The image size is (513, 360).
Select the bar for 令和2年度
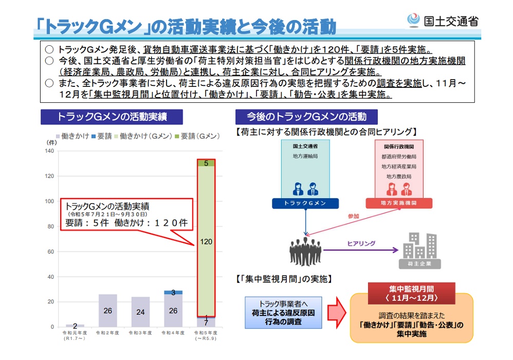[x=107, y=311]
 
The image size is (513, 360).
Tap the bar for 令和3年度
[x=140, y=312]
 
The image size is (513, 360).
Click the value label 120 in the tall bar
[x=206, y=241]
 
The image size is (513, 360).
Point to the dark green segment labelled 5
[x=206, y=164]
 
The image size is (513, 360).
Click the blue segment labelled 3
[x=173, y=292]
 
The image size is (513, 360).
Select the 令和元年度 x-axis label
[x=75, y=336]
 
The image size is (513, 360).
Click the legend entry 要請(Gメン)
[x=200, y=136]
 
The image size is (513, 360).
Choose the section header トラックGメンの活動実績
[x=112, y=116]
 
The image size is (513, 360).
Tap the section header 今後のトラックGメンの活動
[x=306, y=116]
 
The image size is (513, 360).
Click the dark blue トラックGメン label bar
[x=305, y=203]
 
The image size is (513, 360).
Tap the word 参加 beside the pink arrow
[x=353, y=216]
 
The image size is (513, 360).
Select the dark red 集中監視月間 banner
[x=412, y=294]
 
